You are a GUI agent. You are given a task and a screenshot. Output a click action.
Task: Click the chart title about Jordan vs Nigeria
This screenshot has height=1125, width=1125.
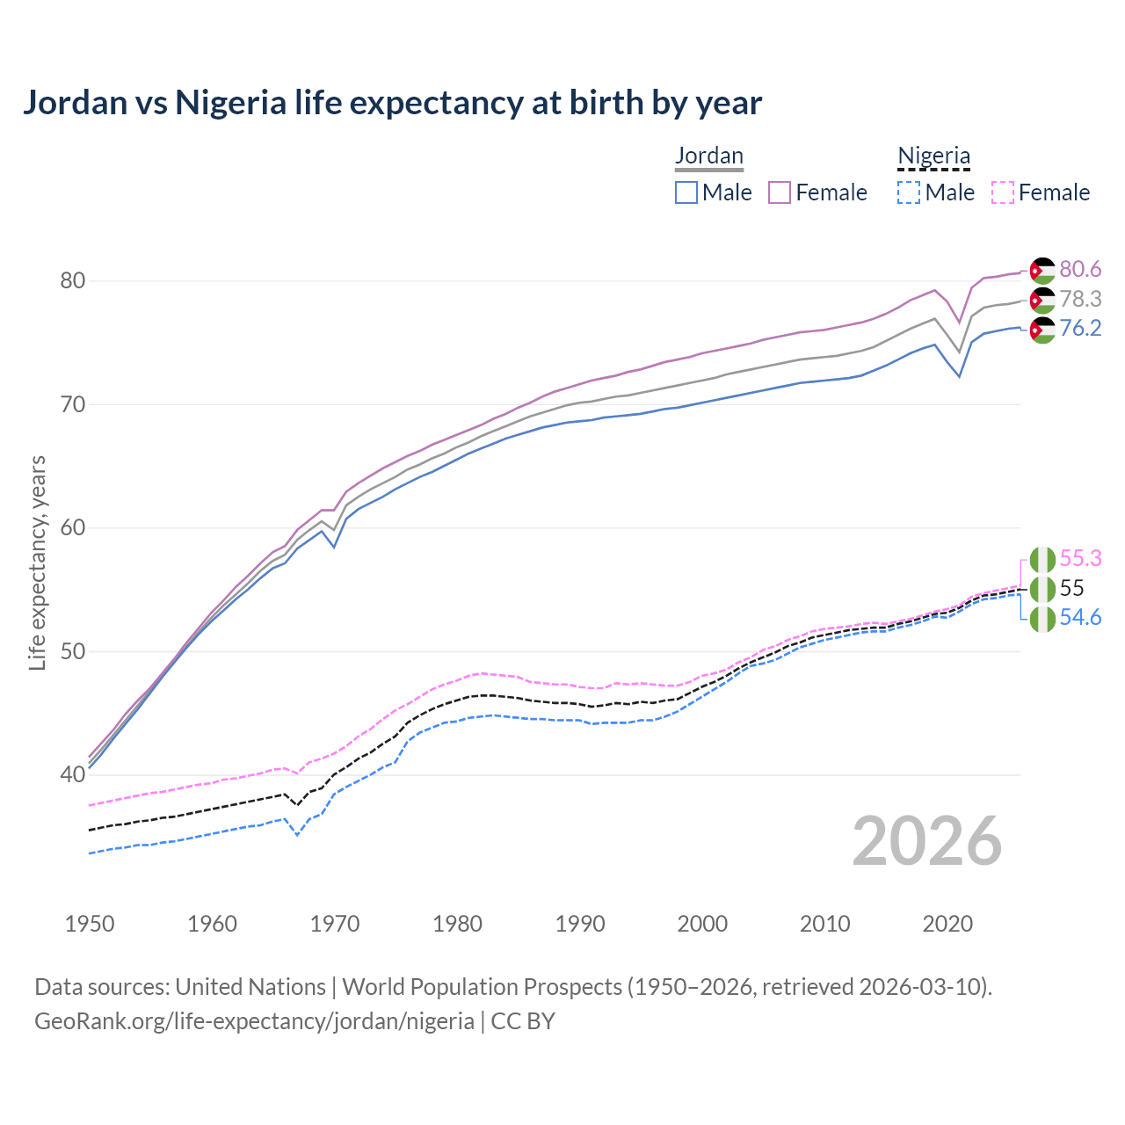click(x=392, y=103)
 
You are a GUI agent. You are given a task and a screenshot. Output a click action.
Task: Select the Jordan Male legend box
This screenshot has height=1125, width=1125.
click(x=686, y=192)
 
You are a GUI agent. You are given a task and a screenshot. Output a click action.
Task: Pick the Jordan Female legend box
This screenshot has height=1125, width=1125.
click(x=780, y=192)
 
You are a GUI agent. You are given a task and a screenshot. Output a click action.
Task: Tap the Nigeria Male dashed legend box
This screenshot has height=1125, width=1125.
click(x=909, y=192)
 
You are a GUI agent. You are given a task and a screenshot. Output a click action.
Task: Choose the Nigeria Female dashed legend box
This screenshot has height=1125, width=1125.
click(x=1003, y=192)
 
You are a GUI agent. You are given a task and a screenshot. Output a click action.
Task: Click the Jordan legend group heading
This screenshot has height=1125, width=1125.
click(x=709, y=156)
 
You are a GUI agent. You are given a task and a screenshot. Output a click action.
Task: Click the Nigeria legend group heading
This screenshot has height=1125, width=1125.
click(x=933, y=156)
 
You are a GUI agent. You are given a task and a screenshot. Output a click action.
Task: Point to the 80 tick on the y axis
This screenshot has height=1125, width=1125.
click(x=72, y=281)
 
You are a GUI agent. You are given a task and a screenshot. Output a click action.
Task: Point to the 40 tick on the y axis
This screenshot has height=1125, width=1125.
click(x=72, y=774)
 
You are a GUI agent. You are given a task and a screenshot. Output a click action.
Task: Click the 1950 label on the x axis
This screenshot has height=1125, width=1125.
click(x=90, y=924)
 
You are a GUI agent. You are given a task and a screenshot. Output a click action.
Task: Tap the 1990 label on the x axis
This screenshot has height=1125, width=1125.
click(x=580, y=924)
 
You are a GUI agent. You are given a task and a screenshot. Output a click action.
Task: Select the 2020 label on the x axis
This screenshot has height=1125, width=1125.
click(x=947, y=924)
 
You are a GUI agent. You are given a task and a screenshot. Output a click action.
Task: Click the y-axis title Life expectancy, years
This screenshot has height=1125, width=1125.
click(x=38, y=562)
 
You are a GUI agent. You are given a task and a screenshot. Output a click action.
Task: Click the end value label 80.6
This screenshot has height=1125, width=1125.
click(x=1080, y=269)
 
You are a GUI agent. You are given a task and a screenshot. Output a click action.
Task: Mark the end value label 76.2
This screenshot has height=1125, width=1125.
click(x=1080, y=328)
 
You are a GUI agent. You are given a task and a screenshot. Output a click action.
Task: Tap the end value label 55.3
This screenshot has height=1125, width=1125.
click(x=1080, y=558)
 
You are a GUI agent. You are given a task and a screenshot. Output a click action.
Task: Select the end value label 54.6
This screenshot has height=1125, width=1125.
click(x=1080, y=618)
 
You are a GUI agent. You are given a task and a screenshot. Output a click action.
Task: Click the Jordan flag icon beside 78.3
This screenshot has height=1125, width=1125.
click(x=1042, y=300)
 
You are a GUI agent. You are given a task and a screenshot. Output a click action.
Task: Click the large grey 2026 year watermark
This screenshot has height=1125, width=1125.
click(x=926, y=841)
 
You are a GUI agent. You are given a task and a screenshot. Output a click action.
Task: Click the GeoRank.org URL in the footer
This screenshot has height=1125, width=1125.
click(x=254, y=1021)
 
